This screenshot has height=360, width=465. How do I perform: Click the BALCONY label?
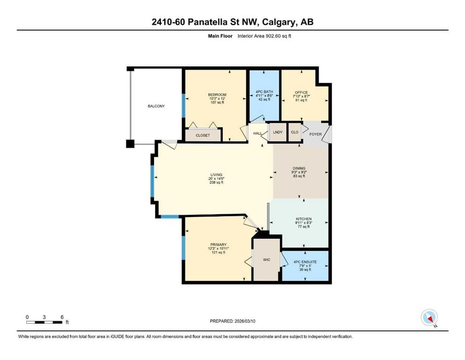(156, 106)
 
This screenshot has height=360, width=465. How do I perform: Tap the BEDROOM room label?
(217, 95)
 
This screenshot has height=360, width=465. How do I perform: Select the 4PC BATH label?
(264, 92)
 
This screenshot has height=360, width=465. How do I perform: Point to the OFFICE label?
(301, 92)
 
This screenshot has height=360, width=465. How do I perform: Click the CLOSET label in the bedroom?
(203, 135)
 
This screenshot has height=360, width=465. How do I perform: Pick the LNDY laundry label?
(278, 132)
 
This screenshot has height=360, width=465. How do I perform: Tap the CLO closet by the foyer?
(295, 132)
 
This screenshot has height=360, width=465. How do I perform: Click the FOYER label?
(316, 134)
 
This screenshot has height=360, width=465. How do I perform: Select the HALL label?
(258, 133)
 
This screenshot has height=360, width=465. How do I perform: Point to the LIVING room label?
(216, 175)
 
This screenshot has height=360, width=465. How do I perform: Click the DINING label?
(299, 168)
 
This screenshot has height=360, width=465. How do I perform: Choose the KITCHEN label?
(303, 219)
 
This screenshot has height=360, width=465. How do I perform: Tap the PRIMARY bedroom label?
(218, 245)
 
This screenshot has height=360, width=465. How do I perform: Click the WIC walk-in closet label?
(266, 260)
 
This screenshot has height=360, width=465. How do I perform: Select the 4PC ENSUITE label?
(305, 262)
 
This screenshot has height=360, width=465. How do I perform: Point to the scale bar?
(44, 322)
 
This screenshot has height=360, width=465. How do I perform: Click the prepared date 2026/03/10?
(245, 321)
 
